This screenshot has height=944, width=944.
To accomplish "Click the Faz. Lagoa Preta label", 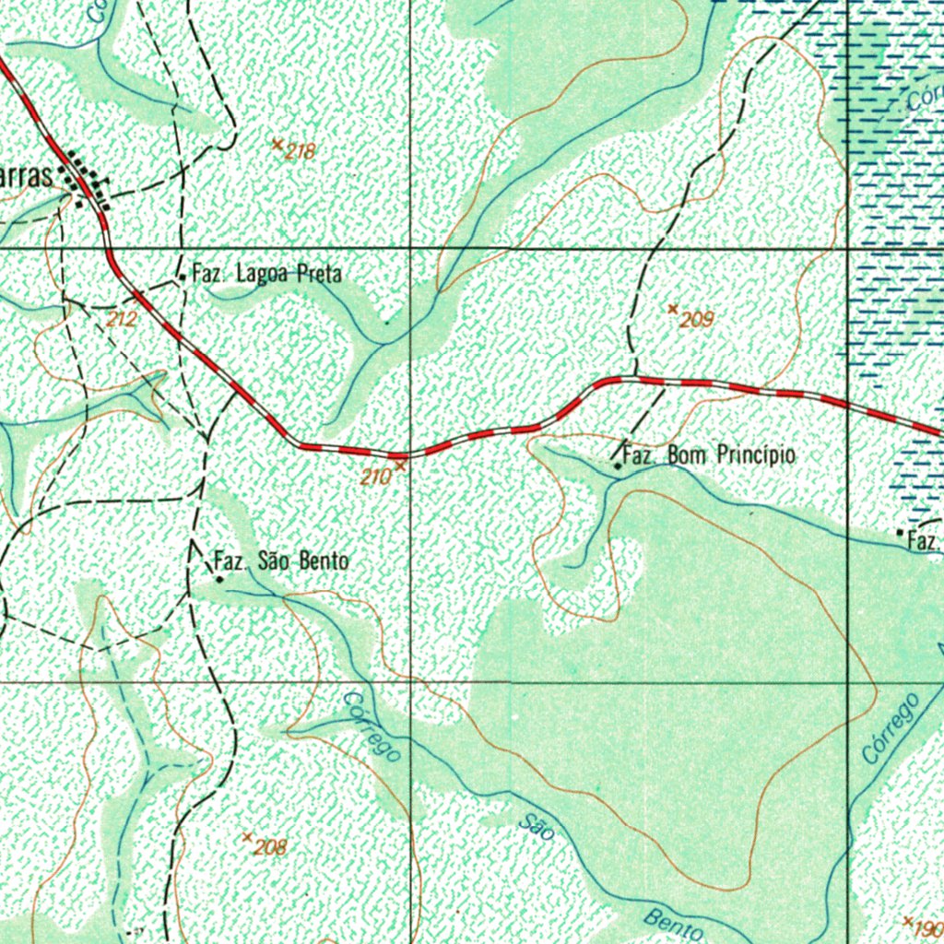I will point(266,274).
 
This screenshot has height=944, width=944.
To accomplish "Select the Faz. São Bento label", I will point(281,560).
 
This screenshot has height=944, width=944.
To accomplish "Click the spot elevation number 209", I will point(697,321).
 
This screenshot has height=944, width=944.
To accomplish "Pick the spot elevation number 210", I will point(374,478).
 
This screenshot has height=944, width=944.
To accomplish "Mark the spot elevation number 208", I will point(270,848).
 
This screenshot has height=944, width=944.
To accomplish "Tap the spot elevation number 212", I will point(122,320).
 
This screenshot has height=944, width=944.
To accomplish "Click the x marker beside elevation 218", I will point(277,144).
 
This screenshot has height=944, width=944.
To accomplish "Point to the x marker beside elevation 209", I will point(673,309).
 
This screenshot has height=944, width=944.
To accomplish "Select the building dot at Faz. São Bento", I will point(219,580).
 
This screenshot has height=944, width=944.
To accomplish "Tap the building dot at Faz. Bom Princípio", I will point(618,466).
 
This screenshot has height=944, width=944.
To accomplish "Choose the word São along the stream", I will point(537,827).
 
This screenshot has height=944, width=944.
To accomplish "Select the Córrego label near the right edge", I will point(891,728).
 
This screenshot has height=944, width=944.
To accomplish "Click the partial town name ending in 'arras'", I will point(26,177).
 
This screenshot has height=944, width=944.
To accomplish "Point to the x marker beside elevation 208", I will point(247,837).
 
